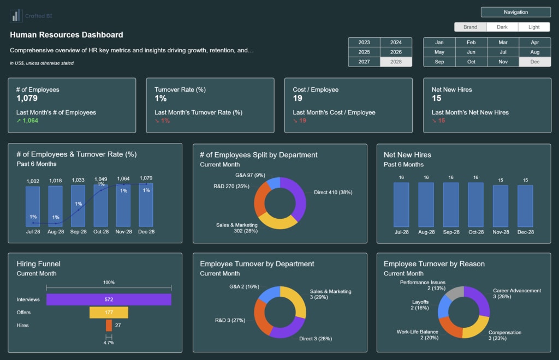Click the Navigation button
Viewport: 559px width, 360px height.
515,12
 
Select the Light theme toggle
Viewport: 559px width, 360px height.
534,27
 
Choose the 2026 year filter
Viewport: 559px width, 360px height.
396,52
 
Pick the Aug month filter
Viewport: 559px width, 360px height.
534,52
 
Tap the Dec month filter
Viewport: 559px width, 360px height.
534,62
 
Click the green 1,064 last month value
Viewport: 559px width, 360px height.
27,121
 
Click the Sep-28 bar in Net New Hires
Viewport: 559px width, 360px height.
450,205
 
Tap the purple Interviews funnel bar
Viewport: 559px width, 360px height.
109,299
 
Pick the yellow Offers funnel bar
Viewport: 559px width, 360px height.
109,313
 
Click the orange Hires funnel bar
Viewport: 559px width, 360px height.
109,325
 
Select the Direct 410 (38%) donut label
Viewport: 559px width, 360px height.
333,192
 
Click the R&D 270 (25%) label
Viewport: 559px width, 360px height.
231,187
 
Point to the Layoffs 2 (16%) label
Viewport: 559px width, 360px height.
420,304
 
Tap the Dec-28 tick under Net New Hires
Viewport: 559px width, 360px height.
525,232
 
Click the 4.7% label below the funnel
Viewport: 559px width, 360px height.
109,343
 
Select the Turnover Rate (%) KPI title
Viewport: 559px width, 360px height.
180,89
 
